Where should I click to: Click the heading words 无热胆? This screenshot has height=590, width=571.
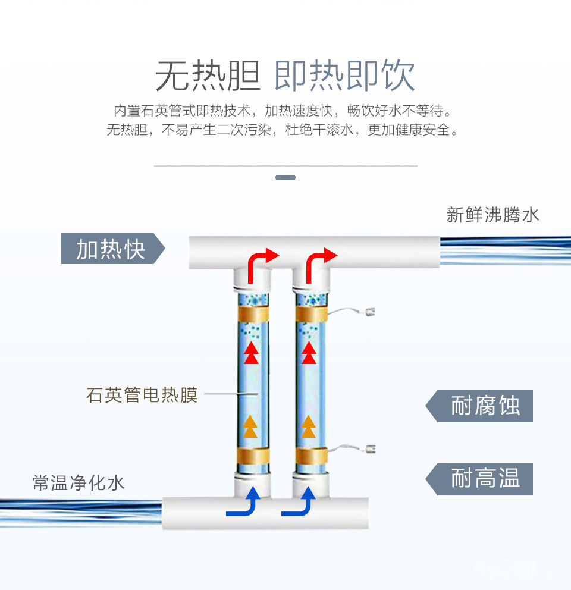[x=208, y=76]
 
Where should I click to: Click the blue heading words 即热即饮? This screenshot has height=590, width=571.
[x=344, y=76]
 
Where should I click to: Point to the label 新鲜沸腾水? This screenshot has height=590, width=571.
[x=492, y=215]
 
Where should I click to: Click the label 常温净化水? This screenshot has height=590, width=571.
[x=79, y=482]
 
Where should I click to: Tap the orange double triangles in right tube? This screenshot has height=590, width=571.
[x=308, y=426]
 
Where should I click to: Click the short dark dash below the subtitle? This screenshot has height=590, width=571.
[x=285, y=177]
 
